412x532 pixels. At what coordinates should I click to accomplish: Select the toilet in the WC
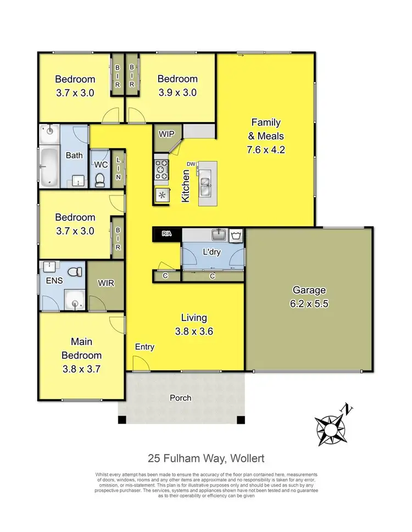point(100,180)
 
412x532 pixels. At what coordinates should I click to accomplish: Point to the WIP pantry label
point(166,134)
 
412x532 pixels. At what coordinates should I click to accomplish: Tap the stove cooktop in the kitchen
point(162,169)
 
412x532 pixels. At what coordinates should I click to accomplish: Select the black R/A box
point(166,234)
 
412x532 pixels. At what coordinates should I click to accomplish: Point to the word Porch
point(180,397)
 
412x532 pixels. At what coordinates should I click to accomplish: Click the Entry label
point(144,347)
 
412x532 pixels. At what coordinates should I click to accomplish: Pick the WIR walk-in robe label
point(105,284)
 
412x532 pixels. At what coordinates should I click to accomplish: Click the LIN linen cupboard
point(118,168)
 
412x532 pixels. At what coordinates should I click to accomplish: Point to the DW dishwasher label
point(191,164)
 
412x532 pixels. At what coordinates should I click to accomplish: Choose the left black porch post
point(122,420)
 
